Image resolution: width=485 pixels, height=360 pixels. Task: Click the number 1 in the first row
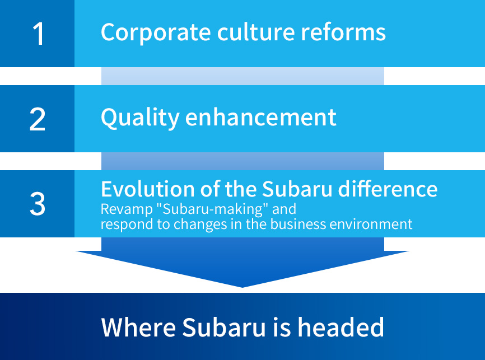(39, 34)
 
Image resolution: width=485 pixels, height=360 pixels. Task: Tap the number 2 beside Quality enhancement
(38, 119)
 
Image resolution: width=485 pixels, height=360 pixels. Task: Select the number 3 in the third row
(38, 203)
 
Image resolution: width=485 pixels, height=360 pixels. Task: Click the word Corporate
(156, 32)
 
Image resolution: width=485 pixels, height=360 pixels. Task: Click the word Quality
(141, 118)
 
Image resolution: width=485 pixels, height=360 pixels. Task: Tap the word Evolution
(147, 189)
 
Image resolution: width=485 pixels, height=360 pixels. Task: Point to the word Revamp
(127, 209)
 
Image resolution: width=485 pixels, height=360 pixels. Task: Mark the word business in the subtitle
(298, 223)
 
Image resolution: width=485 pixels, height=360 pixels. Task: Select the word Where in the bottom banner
(138, 327)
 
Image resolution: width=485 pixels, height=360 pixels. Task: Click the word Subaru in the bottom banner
(224, 327)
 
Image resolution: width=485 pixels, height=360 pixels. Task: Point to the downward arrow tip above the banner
(242, 287)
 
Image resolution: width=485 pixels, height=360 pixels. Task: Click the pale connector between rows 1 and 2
(243, 76)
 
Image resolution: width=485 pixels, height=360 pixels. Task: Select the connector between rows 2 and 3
(243, 161)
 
